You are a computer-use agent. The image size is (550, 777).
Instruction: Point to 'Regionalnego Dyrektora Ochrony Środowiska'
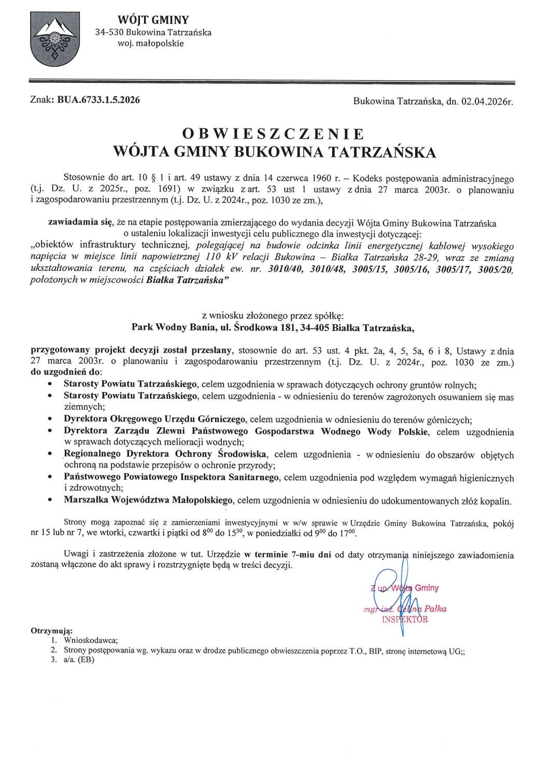click(165, 455)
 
